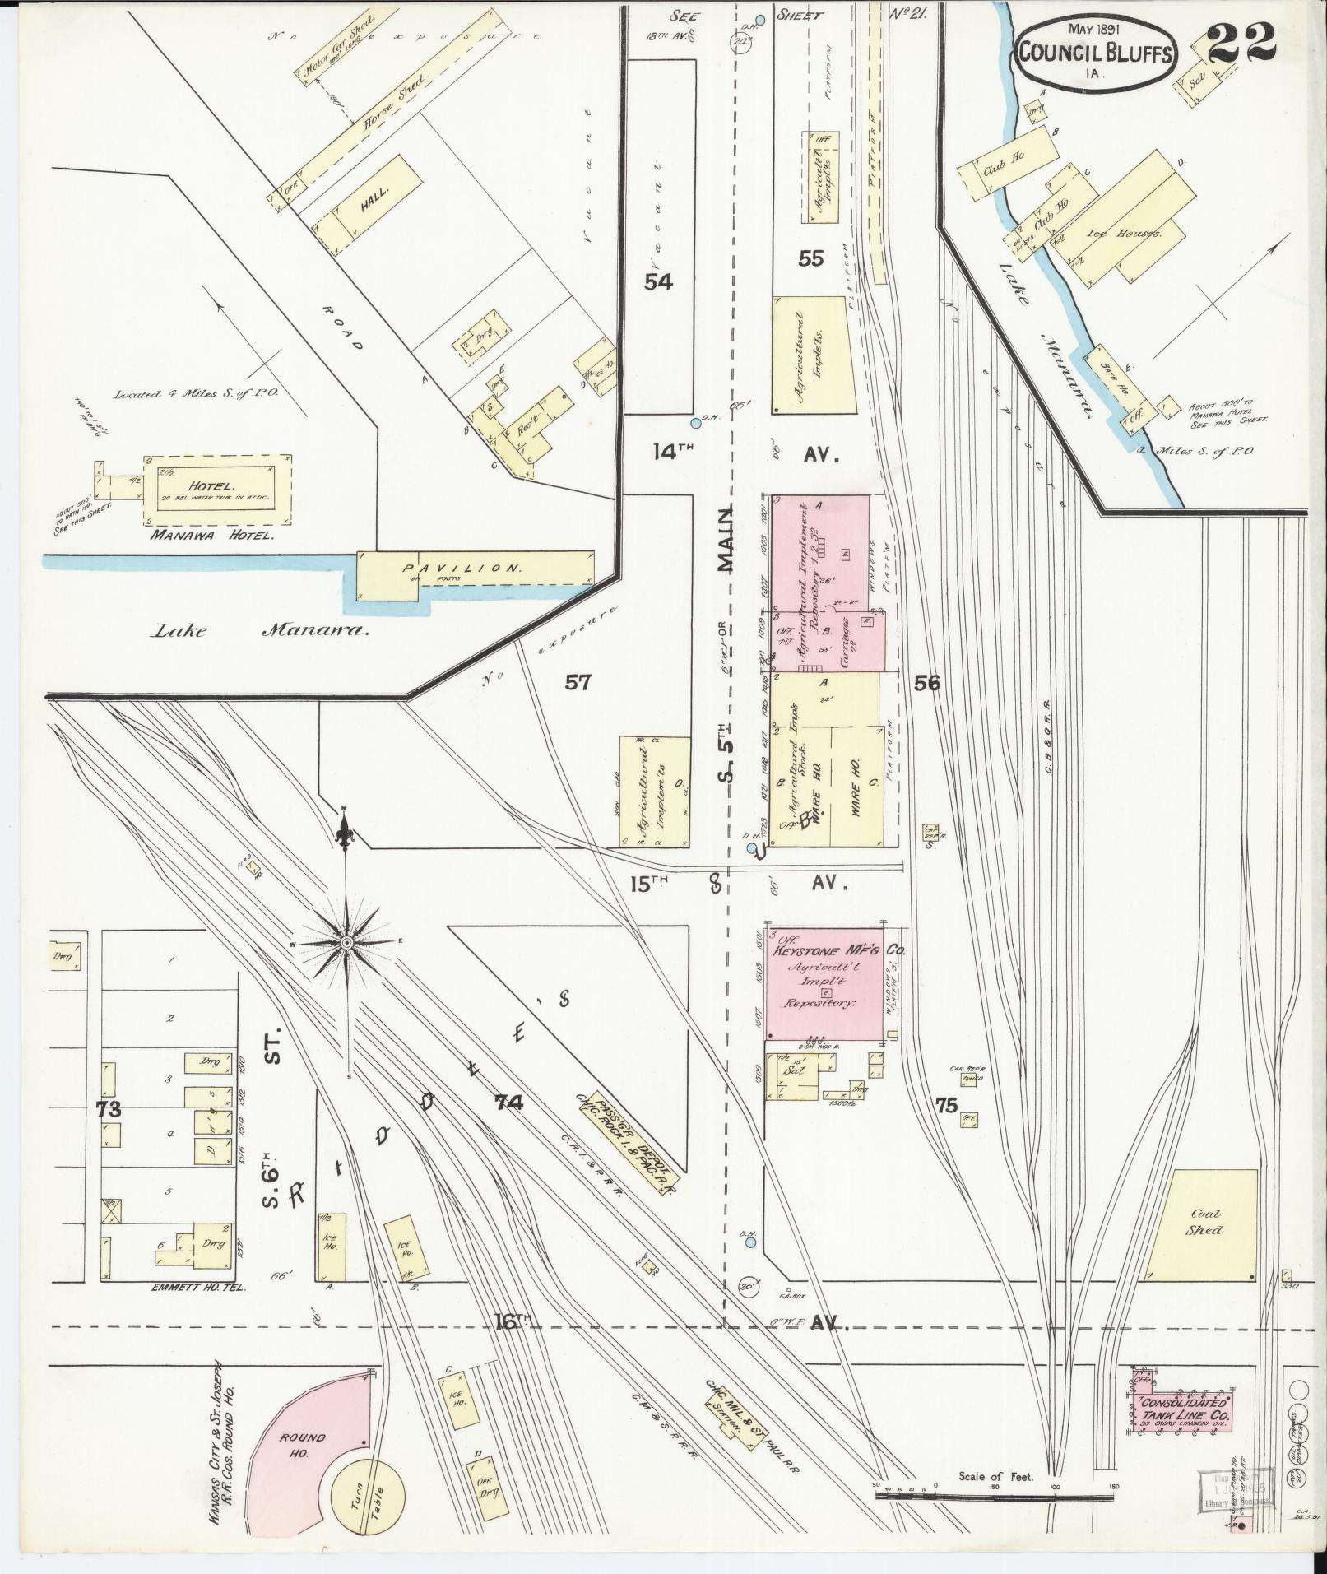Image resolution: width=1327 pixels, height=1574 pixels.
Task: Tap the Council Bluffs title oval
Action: point(1097,51)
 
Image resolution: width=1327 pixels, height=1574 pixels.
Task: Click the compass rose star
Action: point(347,941)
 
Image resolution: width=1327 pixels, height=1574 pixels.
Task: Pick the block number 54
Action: point(658,282)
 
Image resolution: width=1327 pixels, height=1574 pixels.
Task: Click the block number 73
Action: point(108,1109)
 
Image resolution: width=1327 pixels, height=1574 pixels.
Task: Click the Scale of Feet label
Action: point(995,1477)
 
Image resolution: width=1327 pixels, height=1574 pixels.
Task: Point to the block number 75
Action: point(946,1105)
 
